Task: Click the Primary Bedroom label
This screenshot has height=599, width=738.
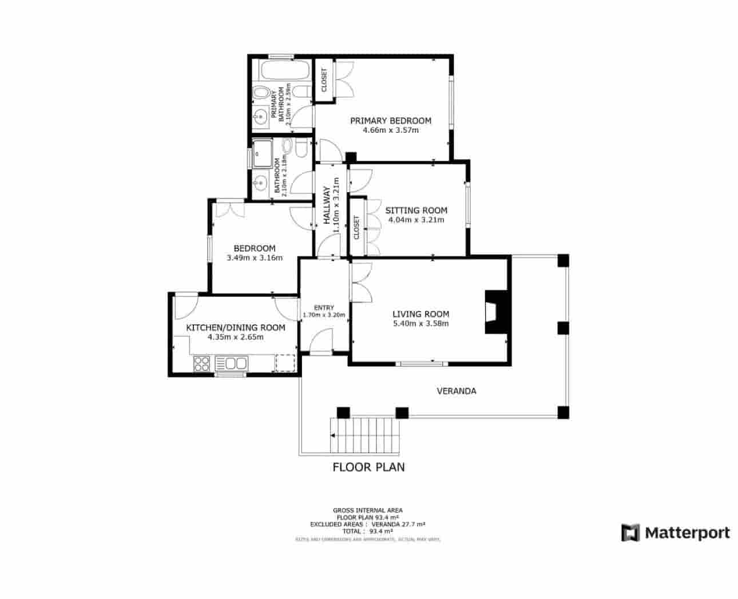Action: pyautogui.click(x=391, y=121)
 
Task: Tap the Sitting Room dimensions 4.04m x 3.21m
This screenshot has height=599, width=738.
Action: pyautogui.click(x=416, y=220)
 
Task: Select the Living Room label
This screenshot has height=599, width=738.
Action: pyautogui.click(x=420, y=314)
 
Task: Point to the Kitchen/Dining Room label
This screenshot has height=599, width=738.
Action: pyautogui.click(x=236, y=328)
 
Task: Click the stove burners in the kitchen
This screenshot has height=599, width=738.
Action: pyautogui.click(x=202, y=363)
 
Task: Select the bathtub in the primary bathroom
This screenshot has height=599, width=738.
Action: pyautogui.click(x=284, y=72)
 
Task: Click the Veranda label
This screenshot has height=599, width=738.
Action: pyautogui.click(x=457, y=391)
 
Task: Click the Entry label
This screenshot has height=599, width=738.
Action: pyautogui.click(x=324, y=308)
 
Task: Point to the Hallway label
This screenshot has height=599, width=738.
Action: pyautogui.click(x=327, y=205)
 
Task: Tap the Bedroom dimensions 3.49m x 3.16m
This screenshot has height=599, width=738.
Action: pyautogui.click(x=255, y=257)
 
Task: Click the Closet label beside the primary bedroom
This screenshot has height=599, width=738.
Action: pyautogui.click(x=324, y=81)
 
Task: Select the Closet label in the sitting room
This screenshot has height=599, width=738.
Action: pyautogui.click(x=357, y=227)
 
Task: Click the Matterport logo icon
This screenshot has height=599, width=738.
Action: pyautogui.click(x=630, y=533)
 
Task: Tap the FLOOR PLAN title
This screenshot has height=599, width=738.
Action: pyautogui.click(x=368, y=467)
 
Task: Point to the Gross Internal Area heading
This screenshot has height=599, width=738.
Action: pyautogui.click(x=367, y=510)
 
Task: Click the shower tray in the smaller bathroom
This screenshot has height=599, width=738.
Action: pyautogui.click(x=264, y=152)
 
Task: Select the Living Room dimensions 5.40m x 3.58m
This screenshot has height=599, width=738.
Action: pyautogui.click(x=420, y=323)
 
